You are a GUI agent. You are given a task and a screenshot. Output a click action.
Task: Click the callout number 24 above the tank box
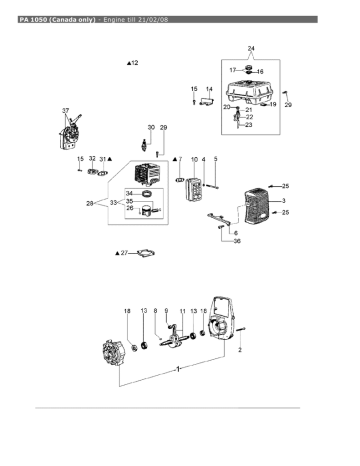point(251,49)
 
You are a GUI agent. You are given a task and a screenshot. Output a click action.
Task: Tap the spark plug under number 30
point(144,144)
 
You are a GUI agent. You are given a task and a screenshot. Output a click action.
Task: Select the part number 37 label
point(66,111)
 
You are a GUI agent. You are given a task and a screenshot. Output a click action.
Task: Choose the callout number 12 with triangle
point(133,63)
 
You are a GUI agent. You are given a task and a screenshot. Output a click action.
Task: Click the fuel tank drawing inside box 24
point(250,91)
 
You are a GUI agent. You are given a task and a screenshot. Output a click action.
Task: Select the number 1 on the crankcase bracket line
point(178,369)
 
